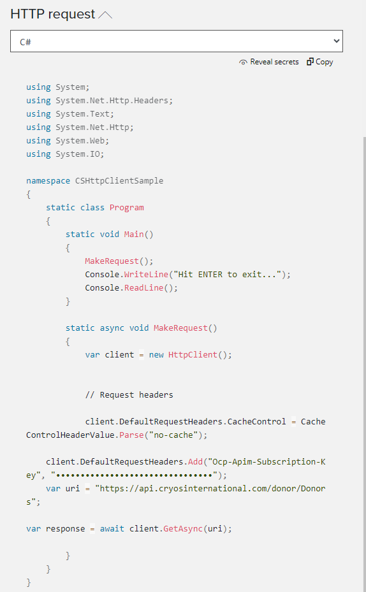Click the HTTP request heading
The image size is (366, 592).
[x=52, y=14]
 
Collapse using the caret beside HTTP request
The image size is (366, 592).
[x=105, y=15]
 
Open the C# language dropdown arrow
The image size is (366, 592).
[x=337, y=41]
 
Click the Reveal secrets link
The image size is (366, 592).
[x=274, y=62]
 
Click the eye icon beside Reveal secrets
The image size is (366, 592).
[x=243, y=62]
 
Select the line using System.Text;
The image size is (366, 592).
[x=70, y=113]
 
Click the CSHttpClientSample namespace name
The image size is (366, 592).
[x=119, y=181]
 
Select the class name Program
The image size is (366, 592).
[x=126, y=208]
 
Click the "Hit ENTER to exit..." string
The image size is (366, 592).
[x=228, y=275]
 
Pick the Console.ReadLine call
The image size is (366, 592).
[x=131, y=287]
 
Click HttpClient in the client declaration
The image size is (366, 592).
[x=193, y=355]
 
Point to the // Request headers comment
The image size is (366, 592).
[x=129, y=395]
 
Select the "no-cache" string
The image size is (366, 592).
[x=173, y=435]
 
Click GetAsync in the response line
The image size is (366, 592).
[x=183, y=528]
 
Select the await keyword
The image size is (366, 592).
[x=112, y=528]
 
